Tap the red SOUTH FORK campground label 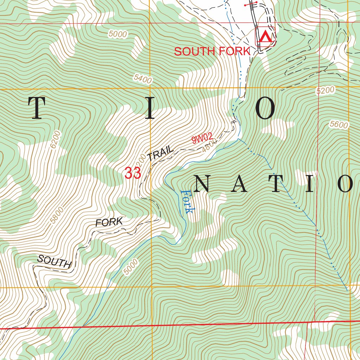tap(212, 51)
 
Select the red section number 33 tap(133, 173)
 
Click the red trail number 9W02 tap(202, 139)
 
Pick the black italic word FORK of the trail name tap(109, 222)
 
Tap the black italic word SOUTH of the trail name tap(54, 262)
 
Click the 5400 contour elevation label tap(143, 79)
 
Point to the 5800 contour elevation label tap(57, 215)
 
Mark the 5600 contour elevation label tap(339, 124)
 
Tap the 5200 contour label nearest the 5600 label tap(325, 91)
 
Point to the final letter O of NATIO tap(346, 184)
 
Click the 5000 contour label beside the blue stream tap(131, 267)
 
